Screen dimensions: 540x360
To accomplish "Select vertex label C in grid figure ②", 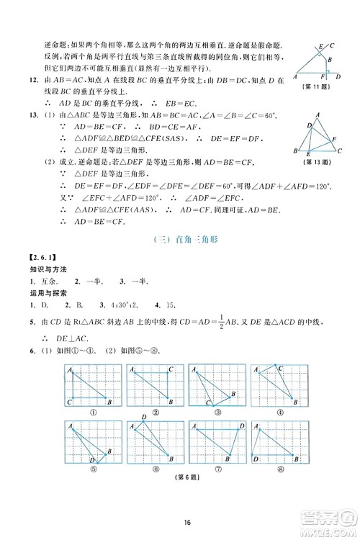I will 171,371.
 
